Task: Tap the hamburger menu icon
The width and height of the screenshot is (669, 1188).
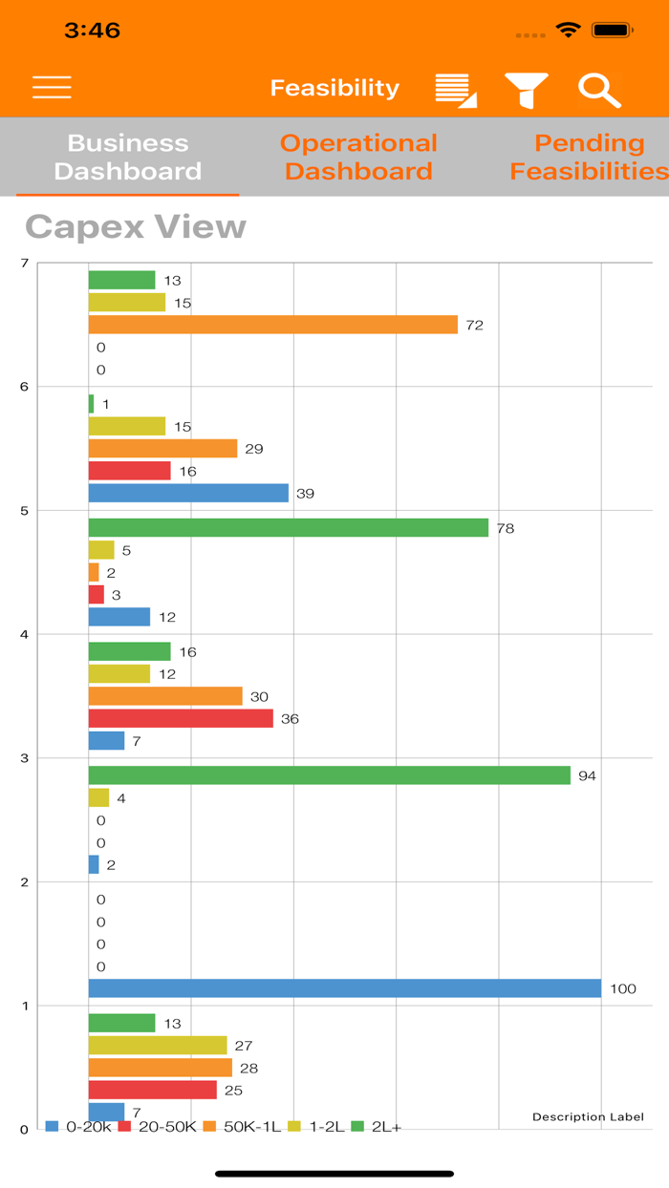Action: (52, 88)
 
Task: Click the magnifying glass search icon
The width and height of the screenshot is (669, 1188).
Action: (599, 89)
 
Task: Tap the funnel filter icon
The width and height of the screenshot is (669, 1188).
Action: (527, 89)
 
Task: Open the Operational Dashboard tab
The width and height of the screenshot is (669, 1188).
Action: (358, 157)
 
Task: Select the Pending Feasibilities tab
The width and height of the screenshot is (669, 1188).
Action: (588, 157)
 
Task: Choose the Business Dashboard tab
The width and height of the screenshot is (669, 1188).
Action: (128, 157)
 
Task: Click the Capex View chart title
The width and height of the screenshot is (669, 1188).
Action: (136, 226)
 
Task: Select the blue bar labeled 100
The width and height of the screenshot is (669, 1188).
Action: (344, 988)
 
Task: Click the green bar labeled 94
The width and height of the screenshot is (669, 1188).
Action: (329, 775)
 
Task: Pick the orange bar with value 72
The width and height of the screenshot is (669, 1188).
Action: (272, 325)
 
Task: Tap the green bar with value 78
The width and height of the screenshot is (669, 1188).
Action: (288, 527)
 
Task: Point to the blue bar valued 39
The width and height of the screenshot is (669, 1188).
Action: (188, 493)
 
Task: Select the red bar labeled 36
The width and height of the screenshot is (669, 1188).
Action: (181, 718)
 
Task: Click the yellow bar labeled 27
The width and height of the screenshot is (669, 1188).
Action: (158, 1046)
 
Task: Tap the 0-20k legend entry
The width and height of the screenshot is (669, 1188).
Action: (79, 1127)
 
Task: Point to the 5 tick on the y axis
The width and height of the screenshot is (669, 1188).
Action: (24, 511)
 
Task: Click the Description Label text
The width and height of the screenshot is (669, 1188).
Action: (588, 1116)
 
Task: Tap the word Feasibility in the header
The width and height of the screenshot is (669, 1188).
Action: (334, 88)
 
